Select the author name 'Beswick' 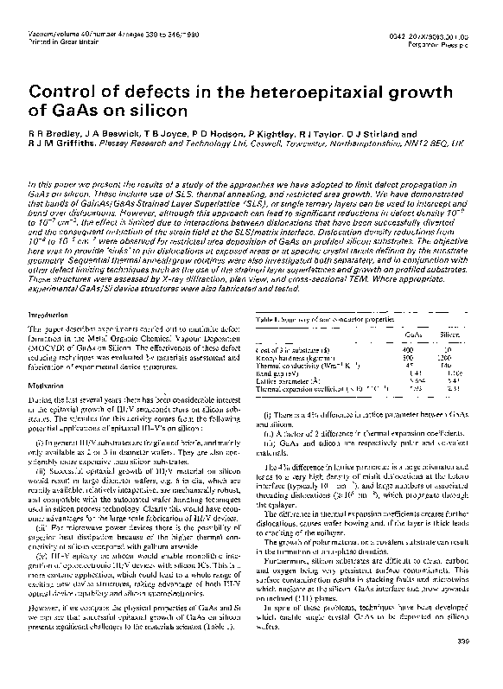(x=109, y=136)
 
